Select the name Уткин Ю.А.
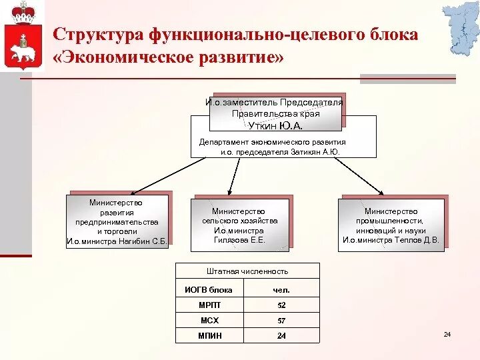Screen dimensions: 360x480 276,125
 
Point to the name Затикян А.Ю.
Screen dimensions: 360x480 316,152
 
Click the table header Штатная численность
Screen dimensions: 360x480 247,271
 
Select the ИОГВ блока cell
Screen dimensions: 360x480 209,289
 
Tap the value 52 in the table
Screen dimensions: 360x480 281,305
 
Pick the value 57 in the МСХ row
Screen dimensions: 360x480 281,321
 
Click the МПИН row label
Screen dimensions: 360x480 209,336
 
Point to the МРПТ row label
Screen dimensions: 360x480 209,305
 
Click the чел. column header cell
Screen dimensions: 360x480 281,289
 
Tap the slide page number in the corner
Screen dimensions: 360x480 447,334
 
